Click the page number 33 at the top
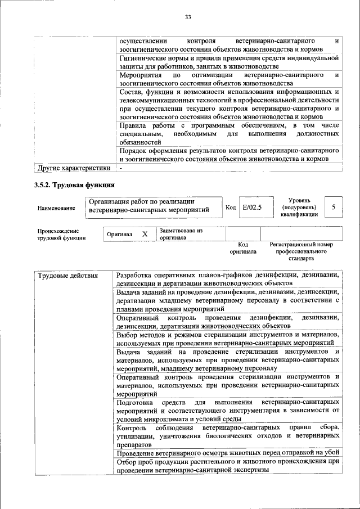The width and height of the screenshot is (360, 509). pyautogui.click(x=188, y=17)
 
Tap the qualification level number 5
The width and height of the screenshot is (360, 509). pyautogui.click(x=333, y=208)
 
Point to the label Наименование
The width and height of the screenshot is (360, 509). pyautogui.click(x=56, y=208)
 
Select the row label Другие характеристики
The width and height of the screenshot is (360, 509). pyautogui.click(x=74, y=168)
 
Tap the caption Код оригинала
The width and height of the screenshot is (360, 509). pyautogui.click(x=243, y=248)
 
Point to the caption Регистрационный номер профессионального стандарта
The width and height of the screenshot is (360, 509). pyautogui.click(x=301, y=251)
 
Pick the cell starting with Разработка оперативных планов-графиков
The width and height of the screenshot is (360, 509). pyautogui.click(x=228, y=279)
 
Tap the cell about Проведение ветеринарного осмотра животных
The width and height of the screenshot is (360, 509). pyautogui.click(x=228, y=453)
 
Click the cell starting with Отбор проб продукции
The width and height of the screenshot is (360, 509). pyautogui.click(x=228, y=466)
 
